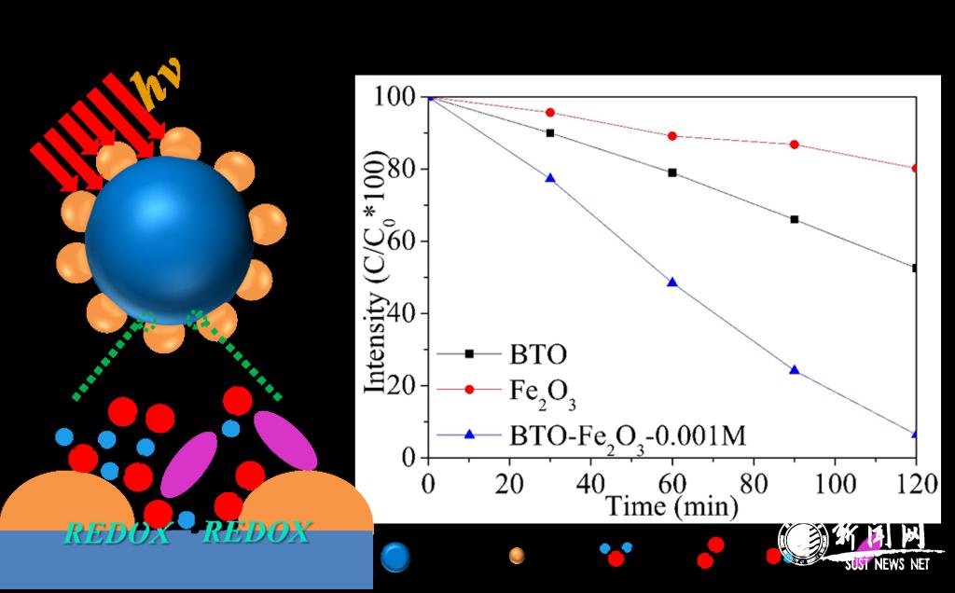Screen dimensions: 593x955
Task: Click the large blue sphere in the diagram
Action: pos(169,240)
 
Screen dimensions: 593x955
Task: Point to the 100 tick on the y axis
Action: pos(397,97)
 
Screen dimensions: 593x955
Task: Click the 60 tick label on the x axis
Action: pos(671,483)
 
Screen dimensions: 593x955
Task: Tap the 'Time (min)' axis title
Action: pos(671,506)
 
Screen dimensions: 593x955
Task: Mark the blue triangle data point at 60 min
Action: pos(671,282)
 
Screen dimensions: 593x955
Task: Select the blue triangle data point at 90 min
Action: pos(794,369)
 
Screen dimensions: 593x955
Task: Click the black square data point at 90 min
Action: pos(794,219)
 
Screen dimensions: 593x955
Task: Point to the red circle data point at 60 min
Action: pos(671,136)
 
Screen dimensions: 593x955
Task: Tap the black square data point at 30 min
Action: pos(549,132)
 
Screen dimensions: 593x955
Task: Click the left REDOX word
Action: pos(118,533)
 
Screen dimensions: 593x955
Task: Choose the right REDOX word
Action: pos(256,533)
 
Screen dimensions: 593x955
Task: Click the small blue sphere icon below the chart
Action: pos(395,557)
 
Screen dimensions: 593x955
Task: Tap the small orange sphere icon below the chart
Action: pos(516,557)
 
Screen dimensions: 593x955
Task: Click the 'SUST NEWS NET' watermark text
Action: pos(887,564)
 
